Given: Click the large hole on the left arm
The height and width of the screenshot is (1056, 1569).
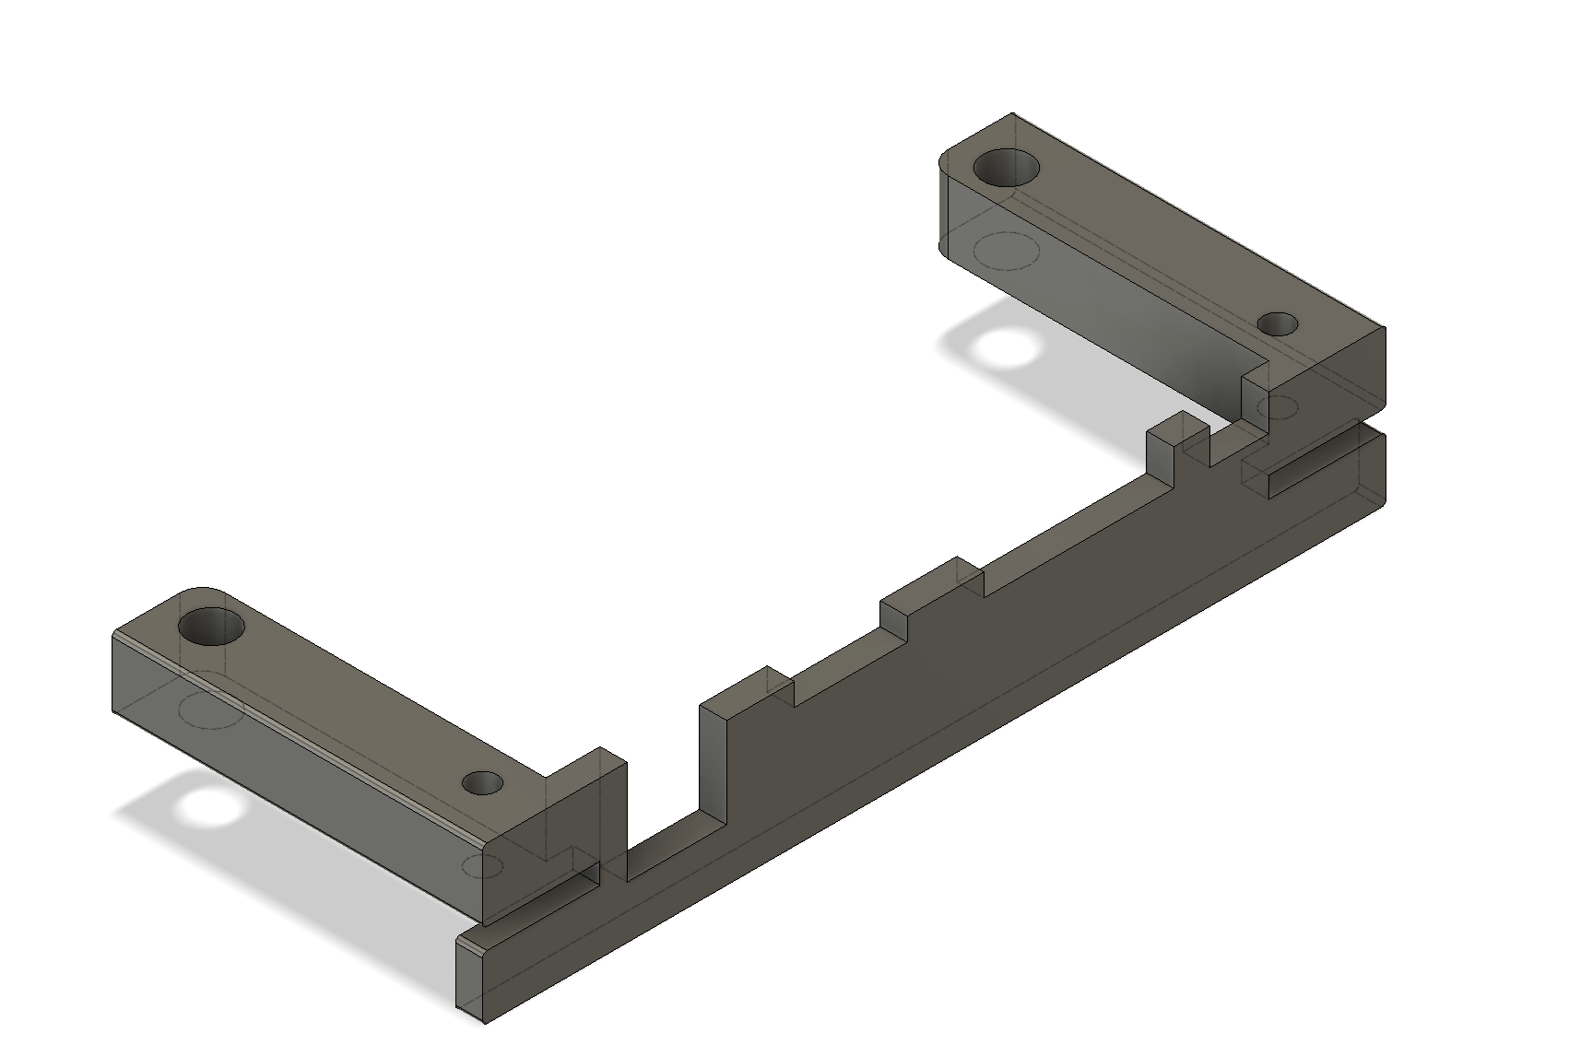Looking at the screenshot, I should (211, 627).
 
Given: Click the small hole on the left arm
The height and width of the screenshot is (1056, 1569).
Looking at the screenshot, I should (482, 783).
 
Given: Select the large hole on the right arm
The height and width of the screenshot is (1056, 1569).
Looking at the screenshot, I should (1006, 168).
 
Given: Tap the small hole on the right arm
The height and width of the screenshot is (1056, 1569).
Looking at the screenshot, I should (1278, 324).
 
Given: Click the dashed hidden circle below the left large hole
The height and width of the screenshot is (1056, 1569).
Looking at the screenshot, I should (211, 710).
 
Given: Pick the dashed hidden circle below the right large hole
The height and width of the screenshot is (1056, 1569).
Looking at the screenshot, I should (1007, 250).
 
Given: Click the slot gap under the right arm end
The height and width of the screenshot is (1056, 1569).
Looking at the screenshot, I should (1309, 465).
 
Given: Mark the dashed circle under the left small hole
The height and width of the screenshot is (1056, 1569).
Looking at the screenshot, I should (481, 866).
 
